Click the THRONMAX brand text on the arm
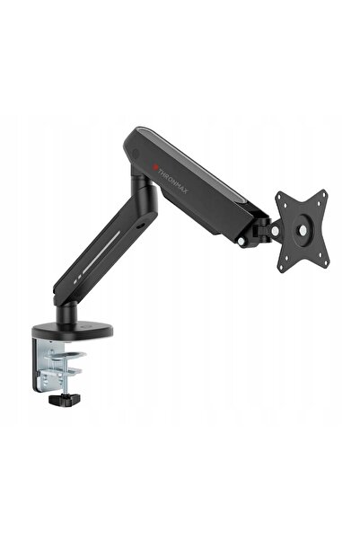tap(172, 181)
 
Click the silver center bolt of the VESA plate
tap(303, 230)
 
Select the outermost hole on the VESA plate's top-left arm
tap(280, 198)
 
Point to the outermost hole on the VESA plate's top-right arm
tap(323, 194)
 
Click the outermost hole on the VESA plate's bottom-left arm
tap(282, 266)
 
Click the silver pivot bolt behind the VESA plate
tap(275, 231)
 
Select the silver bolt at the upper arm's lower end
tap(243, 241)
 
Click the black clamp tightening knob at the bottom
tap(65, 399)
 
